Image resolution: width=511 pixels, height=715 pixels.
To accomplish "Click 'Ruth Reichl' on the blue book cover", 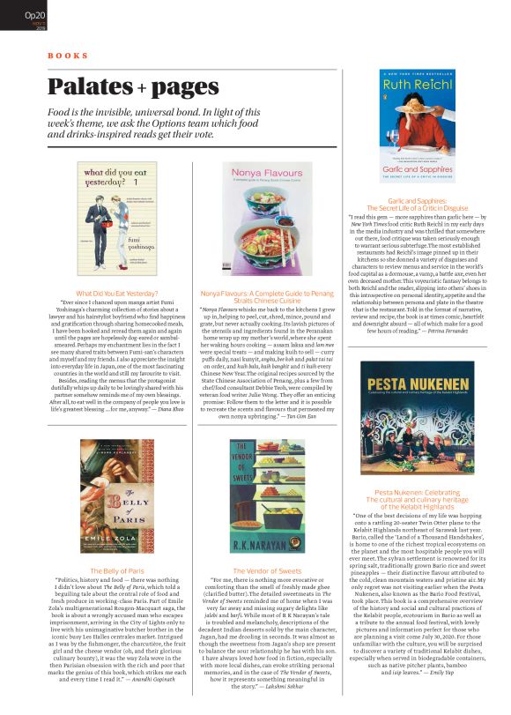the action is (x=418, y=86).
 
